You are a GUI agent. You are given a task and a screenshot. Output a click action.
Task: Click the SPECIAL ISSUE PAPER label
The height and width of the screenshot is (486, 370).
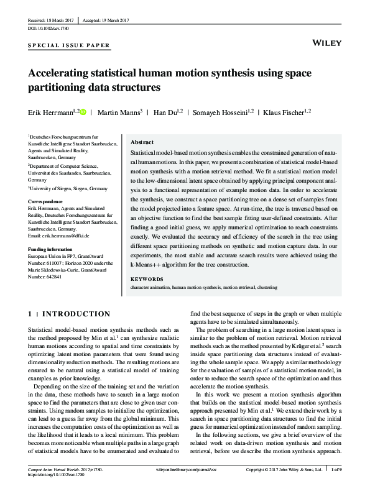(69, 46)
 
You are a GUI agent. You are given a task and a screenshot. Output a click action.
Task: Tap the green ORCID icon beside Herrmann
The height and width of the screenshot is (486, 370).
(84, 112)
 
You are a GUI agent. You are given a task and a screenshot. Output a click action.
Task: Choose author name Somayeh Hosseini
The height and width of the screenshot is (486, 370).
(221, 112)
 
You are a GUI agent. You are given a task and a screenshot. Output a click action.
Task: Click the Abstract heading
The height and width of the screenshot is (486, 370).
(142, 142)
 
